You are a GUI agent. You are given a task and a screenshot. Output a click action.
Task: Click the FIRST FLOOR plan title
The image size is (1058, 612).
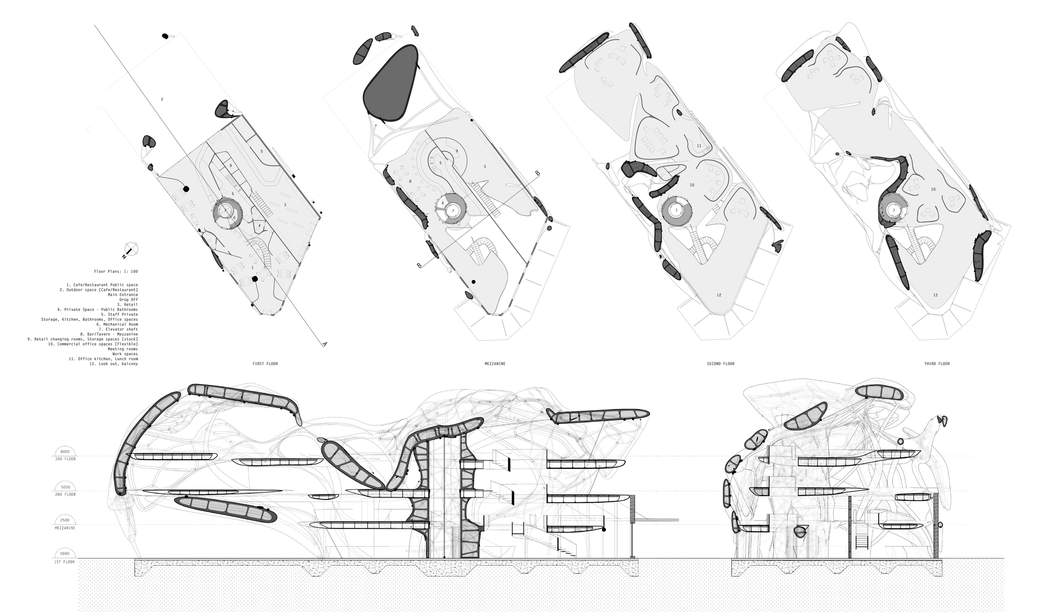pos(265,364)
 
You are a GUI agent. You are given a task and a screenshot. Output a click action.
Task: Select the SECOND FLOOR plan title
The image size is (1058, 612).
pos(720,364)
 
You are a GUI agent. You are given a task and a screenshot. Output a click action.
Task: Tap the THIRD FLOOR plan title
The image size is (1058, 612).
pos(938,364)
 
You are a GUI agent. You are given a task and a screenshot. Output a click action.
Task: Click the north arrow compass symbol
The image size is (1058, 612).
pos(131,250)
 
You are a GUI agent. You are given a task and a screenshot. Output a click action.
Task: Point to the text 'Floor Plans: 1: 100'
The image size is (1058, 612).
pos(116,272)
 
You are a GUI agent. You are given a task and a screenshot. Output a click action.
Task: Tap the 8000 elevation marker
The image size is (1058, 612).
pos(65,452)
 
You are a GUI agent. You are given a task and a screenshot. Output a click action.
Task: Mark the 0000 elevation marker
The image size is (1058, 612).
pos(65,554)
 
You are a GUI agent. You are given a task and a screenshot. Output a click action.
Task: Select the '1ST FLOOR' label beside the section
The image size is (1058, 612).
pos(65,562)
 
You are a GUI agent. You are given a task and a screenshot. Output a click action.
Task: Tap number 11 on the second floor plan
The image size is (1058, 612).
pos(699,146)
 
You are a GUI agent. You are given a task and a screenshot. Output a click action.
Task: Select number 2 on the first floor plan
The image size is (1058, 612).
pos(162,99)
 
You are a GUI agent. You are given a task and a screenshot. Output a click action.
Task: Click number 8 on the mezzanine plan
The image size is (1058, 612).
pos(410,181)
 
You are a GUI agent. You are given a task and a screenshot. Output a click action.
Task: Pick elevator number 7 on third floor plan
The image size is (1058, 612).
pos(894,210)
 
